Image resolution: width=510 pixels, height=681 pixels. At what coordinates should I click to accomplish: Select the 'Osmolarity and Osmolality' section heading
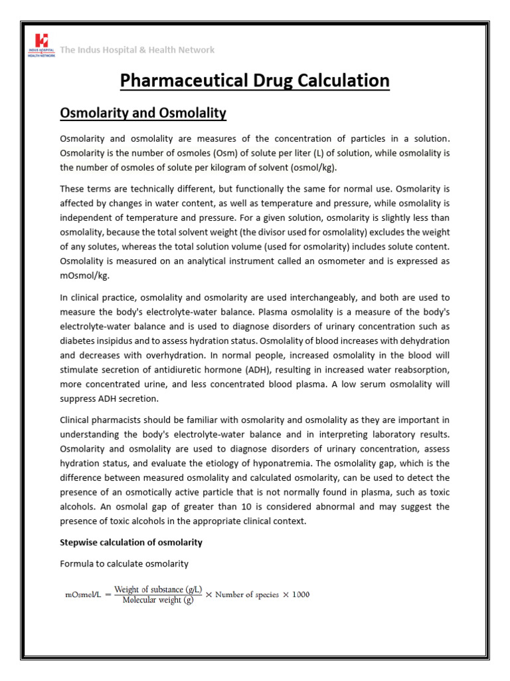[x=143, y=114]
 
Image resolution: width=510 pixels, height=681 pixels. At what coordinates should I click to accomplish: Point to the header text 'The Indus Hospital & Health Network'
[x=137, y=50]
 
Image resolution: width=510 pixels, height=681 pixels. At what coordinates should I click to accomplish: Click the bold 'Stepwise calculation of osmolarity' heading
[x=131, y=543]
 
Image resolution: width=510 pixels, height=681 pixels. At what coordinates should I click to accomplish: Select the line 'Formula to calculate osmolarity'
[x=124, y=564]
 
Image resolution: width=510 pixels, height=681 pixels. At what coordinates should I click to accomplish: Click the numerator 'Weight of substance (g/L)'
[x=157, y=588]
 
